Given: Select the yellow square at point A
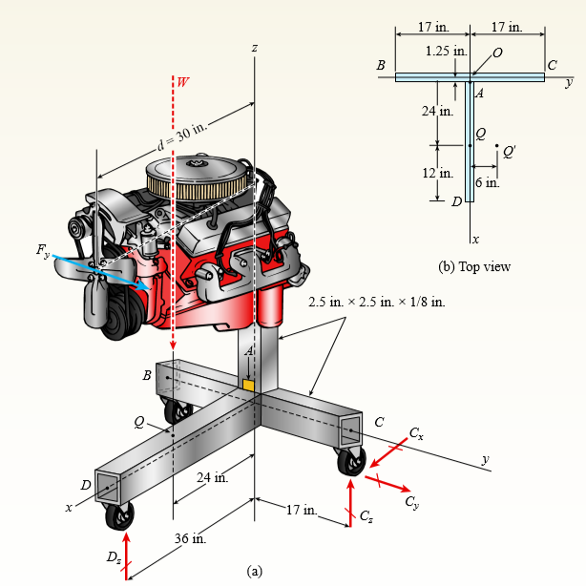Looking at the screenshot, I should [249, 385].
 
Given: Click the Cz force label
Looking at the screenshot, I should [367, 516].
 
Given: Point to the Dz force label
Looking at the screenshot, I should [114, 556].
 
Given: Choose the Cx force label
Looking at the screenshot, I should [416, 434].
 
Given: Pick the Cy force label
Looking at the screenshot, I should [410, 501].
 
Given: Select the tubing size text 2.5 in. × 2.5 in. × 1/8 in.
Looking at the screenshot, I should [378, 303].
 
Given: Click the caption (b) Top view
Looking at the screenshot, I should [474, 266].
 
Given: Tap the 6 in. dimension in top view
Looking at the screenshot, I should [486, 182].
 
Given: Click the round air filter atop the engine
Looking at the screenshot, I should [199, 176].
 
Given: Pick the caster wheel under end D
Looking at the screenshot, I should [119, 516].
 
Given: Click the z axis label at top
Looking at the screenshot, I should [255, 47].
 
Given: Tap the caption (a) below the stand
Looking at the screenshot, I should [254, 571].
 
